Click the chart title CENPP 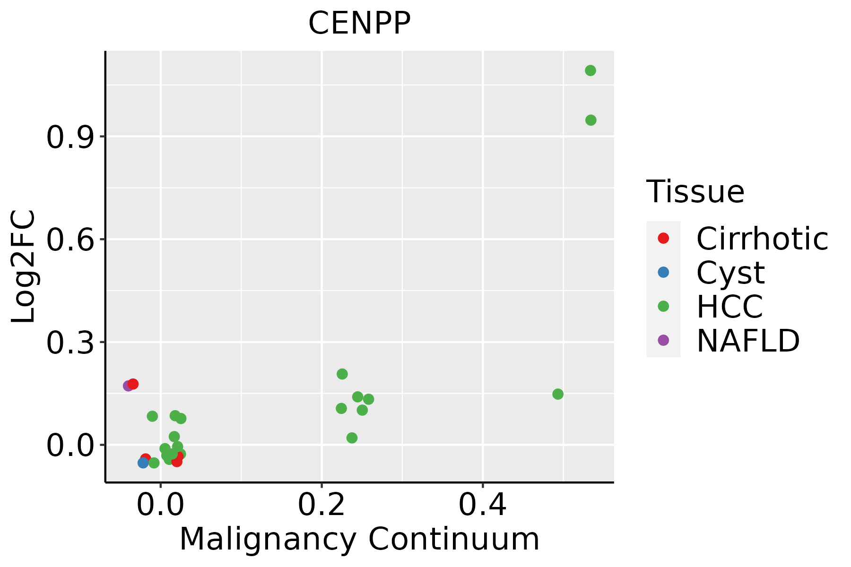359,23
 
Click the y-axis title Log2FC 24,267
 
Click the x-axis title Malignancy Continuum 359,539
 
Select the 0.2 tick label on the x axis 321,505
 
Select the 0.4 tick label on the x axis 483,505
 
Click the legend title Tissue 695,192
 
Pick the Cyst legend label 730,273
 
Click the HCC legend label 729,307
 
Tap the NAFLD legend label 748,341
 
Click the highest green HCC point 590,71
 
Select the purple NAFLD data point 128,386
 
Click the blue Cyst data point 143,463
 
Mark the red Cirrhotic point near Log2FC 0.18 133,384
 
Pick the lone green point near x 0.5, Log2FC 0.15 558,394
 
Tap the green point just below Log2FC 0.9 591,120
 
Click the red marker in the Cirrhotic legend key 663,238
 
